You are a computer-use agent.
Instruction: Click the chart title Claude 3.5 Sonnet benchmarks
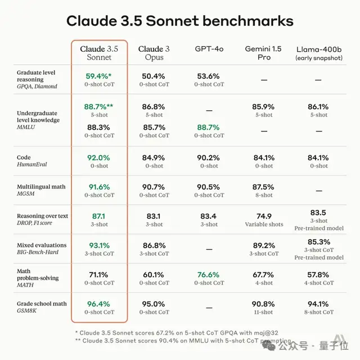pos(179,21)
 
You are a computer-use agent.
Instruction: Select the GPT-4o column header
pos(209,49)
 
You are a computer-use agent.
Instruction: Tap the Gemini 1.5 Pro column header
pos(263,53)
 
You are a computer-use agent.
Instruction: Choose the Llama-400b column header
pos(318,53)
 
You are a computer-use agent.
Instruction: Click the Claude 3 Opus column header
pos(154,53)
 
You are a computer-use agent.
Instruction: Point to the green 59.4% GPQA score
pos(99,76)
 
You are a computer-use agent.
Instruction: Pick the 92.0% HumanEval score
pos(99,157)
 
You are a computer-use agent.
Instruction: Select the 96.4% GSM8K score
pos(99,304)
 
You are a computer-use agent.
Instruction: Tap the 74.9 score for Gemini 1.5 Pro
pos(263,216)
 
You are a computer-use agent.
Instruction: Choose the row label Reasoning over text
pos(42,216)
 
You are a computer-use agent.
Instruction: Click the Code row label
pos(24,157)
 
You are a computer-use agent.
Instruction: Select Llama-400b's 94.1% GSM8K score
pos(318,304)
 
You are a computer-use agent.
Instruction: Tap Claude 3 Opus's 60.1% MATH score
pos(154,274)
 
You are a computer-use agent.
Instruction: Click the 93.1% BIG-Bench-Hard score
pos(99,245)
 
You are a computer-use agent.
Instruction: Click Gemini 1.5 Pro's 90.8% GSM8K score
pos(263,304)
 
